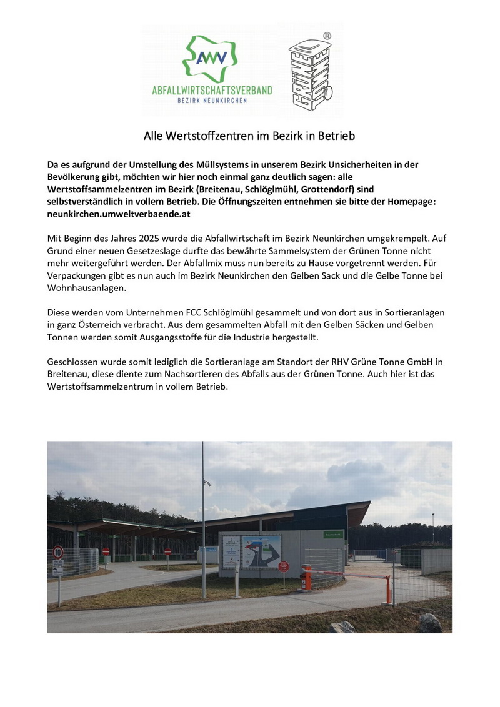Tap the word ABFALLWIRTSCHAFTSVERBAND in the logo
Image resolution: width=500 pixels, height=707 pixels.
coord(212,91)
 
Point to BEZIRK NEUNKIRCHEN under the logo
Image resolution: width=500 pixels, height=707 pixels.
coord(212,101)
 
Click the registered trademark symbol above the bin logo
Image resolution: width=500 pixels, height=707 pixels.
coord(326,36)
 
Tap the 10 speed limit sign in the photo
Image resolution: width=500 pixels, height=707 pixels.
coord(58,552)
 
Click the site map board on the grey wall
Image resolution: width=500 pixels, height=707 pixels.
coord(261,550)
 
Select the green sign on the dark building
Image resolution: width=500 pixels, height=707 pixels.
coord(334,535)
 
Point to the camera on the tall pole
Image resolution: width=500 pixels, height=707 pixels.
coord(207,483)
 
